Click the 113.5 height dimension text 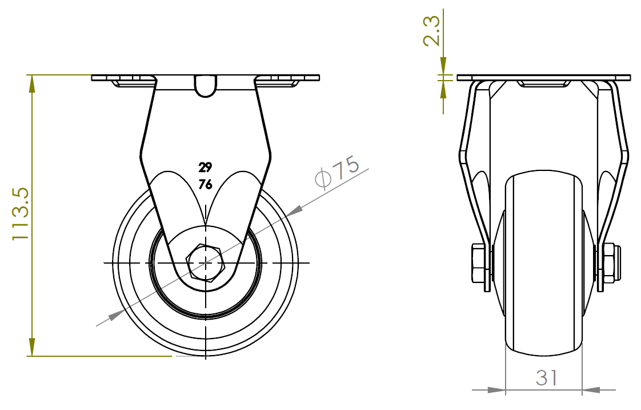(x=21, y=214)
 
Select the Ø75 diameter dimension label (x=338, y=171)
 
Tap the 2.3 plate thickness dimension (x=432, y=31)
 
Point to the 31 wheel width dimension (x=547, y=377)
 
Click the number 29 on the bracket (x=205, y=168)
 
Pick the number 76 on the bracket (x=205, y=185)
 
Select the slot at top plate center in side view (x=205, y=86)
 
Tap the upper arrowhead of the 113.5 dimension (x=31, y=84)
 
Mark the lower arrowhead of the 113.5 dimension (x=31, y=348)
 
